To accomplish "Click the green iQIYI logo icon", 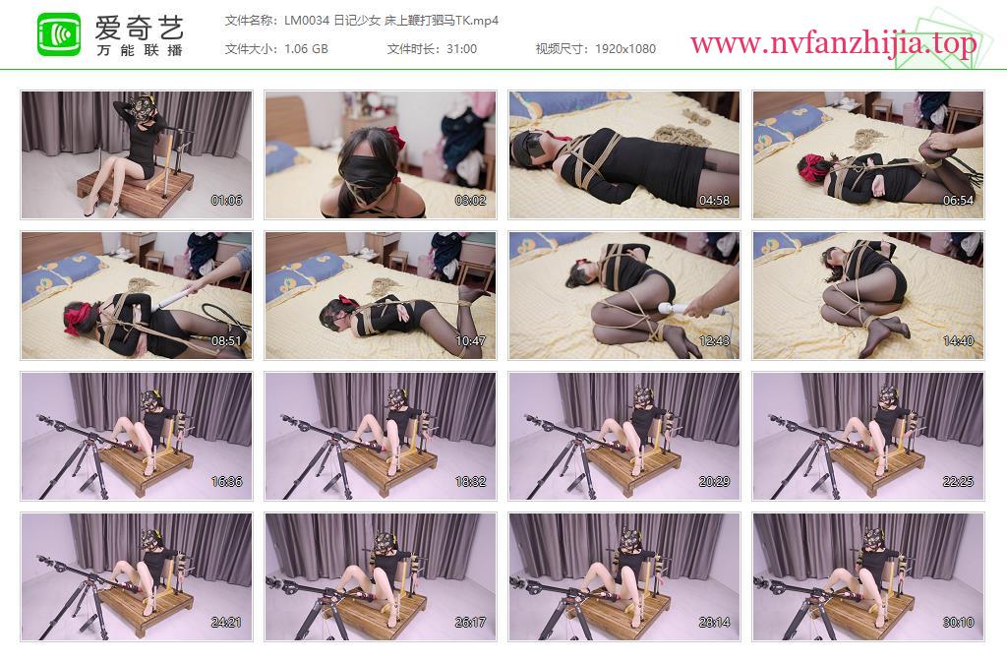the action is click(59, 34).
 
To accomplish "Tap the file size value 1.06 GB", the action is click(307, 49).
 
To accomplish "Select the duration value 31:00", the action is click(462, 49).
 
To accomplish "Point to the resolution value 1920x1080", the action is click(625, 49).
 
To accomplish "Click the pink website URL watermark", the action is click(834, 43).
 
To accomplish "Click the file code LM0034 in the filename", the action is click(307, 21).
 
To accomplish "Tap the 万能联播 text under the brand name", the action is click(140, 50).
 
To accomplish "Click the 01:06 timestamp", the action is click(227, 201).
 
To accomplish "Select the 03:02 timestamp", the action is click(470, 201).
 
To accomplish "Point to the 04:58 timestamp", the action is click(714, 201).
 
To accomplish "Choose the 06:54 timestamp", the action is click(958, 201).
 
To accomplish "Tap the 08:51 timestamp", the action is click(227, 341).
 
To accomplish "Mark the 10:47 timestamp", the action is click(470, 341).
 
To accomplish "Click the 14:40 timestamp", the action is click(958, 341).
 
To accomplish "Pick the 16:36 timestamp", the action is click(227, 482).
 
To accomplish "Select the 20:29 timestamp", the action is click(714, 482).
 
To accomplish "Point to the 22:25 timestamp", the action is click(958, 482).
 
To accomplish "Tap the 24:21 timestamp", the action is click(227, 623).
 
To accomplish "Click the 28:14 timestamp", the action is click(714, 623).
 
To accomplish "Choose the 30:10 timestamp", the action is click(958, 623).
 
